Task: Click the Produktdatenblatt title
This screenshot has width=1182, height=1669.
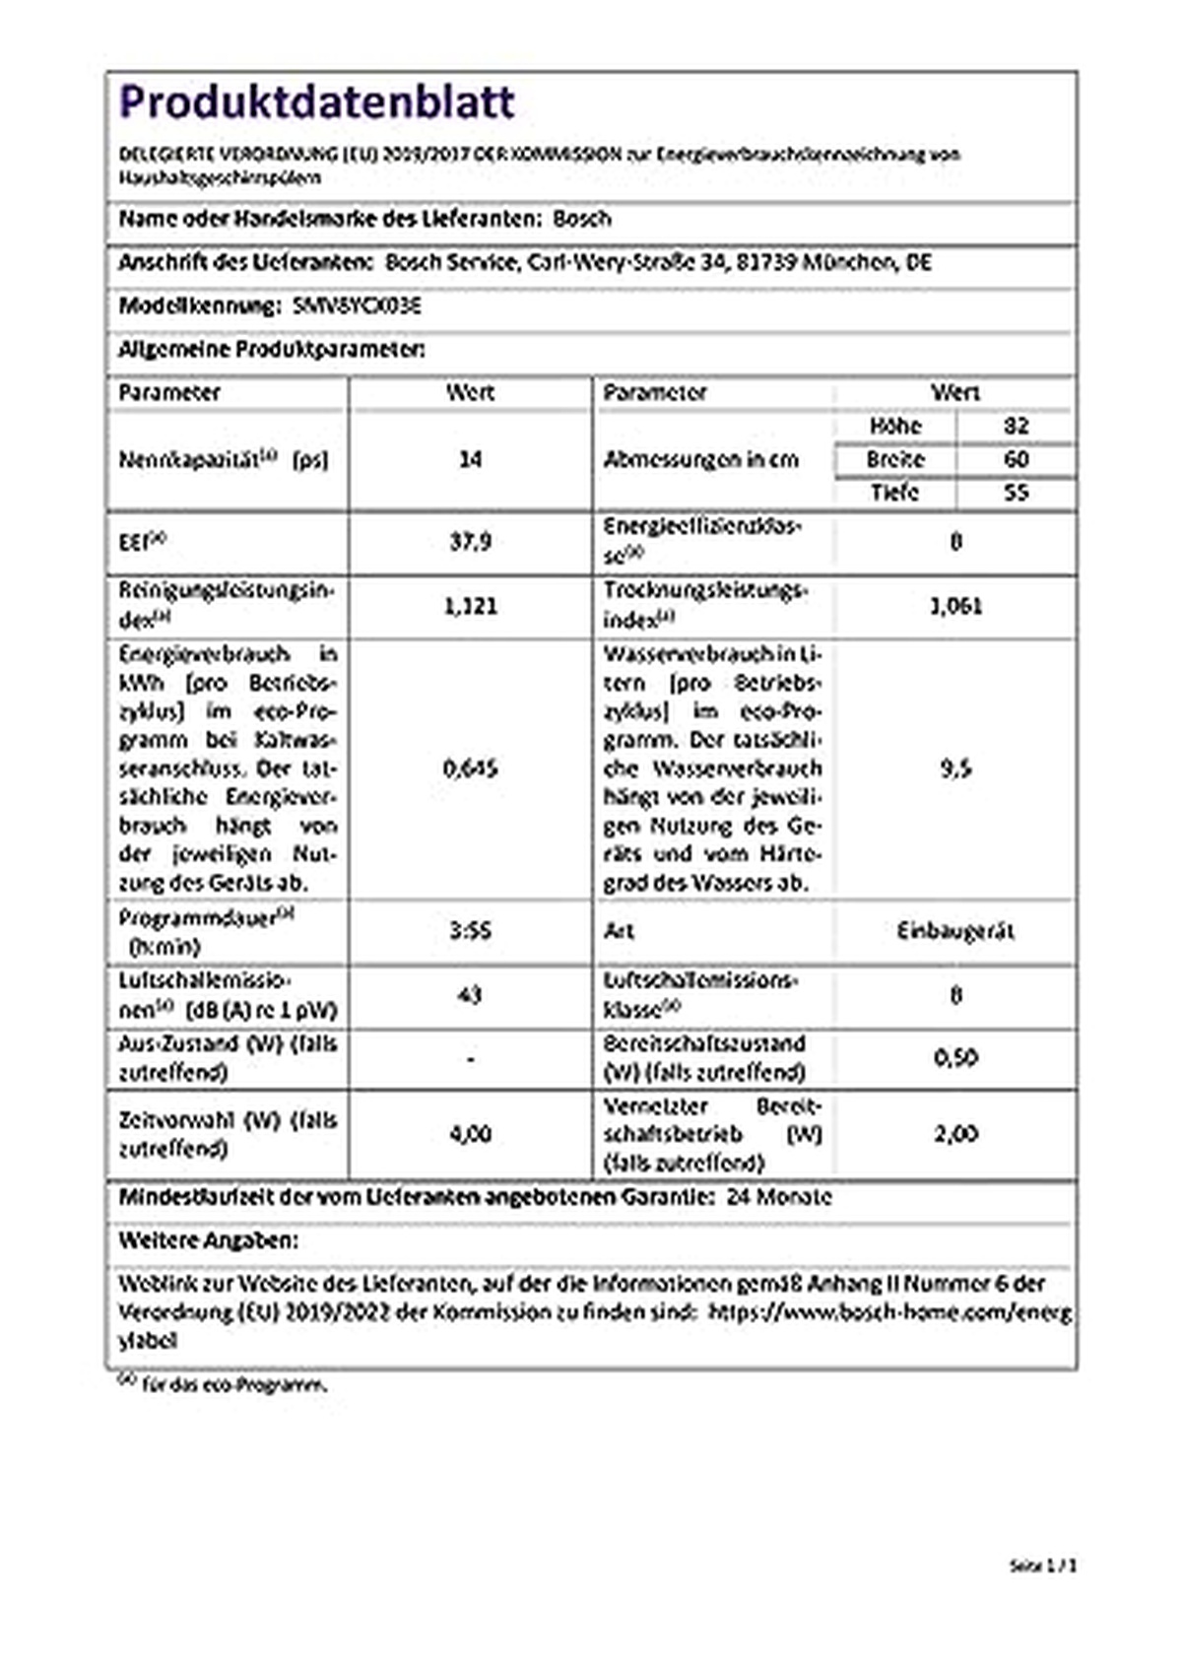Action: click(x=316, y=102)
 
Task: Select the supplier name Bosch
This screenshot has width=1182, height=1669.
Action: click(x=582, y=219)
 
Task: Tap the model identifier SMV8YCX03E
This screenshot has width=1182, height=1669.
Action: click(x=358, y=305)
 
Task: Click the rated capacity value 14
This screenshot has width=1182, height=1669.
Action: click(x=471, y=459)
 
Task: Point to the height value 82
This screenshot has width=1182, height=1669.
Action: click(x=1016, y=426)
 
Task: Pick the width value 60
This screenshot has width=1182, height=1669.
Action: click(x=1016, y=459)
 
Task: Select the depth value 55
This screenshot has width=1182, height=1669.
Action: click(x=1016, y=493)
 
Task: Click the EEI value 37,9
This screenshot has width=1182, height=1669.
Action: click(x=471, y=541)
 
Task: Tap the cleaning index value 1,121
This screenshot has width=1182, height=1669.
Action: click(x=471, y=606)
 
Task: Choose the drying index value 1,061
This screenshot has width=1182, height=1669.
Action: click(x=955, y=606)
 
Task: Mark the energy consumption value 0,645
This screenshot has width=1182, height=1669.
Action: click(x=471, y=768)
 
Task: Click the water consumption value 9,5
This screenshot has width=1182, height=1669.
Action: click(x=955, y=768)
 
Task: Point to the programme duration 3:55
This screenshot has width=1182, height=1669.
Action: click(x=471, y=931)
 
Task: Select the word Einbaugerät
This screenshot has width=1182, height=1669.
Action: click(x=955, y=931)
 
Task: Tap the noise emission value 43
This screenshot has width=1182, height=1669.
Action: click(x=471, y=995)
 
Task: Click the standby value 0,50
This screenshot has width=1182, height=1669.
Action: click(x=955, y=1058)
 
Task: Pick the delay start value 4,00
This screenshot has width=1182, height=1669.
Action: click(x=471, y=1134)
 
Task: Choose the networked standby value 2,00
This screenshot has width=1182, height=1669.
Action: click(x=955, y=1134)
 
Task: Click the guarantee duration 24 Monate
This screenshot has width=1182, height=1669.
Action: click(x=778, y=1197)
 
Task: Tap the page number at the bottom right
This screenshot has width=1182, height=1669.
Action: click(x=1043, y=1565)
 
